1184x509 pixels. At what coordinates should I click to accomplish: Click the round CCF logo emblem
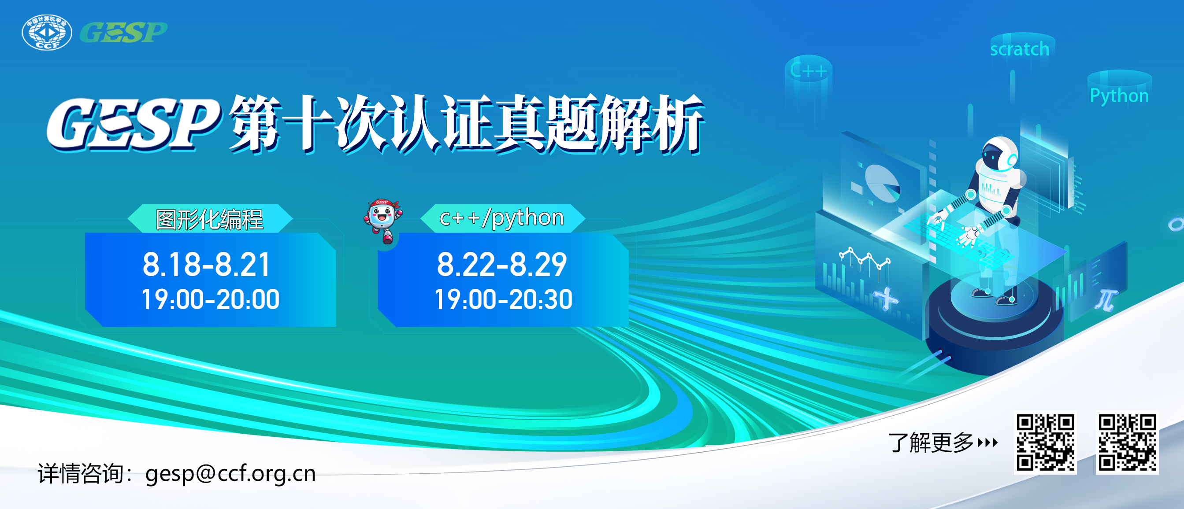[47, 32]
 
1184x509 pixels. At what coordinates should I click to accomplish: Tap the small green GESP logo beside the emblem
[124, 32]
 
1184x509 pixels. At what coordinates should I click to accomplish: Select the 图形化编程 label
[210, 219]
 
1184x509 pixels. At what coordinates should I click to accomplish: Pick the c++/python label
[501, 218]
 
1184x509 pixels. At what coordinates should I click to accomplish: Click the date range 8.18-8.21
[206, 265]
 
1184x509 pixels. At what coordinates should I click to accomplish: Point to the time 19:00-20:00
[211, 299]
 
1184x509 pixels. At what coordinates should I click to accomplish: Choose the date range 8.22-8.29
[502, 265]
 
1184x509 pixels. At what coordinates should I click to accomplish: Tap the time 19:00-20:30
[503, 299]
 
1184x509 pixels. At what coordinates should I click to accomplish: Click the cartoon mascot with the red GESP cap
[383, 221]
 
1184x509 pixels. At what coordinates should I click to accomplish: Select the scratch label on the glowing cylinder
[1020, 49]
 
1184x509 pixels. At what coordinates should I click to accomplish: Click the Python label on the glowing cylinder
[1119, 96]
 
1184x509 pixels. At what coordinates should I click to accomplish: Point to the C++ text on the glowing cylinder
[808, 71]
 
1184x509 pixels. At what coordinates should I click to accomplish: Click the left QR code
[1045, 443]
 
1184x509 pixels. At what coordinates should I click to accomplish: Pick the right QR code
[1127, 443]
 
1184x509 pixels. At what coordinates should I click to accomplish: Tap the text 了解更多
[931, 443]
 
